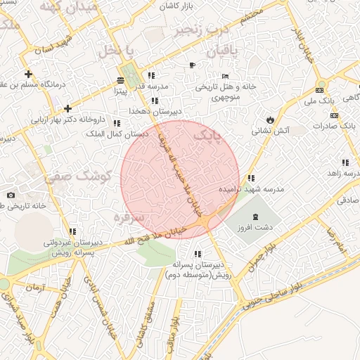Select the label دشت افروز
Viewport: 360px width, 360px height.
pyautogui.click(x=255, y=229)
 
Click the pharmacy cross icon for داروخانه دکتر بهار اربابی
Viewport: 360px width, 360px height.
pyautogui.click(x=67, y=108)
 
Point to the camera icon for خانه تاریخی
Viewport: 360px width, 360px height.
pyautogui.click(x=11, y=195)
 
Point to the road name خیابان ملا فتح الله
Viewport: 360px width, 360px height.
pyautogui.click(x=141, y=236)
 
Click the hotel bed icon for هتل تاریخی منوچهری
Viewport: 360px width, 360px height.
pyautogui.click(x=225, y=76)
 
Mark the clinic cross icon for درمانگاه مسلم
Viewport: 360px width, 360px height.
pyautogui.click(x=28, y=74)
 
